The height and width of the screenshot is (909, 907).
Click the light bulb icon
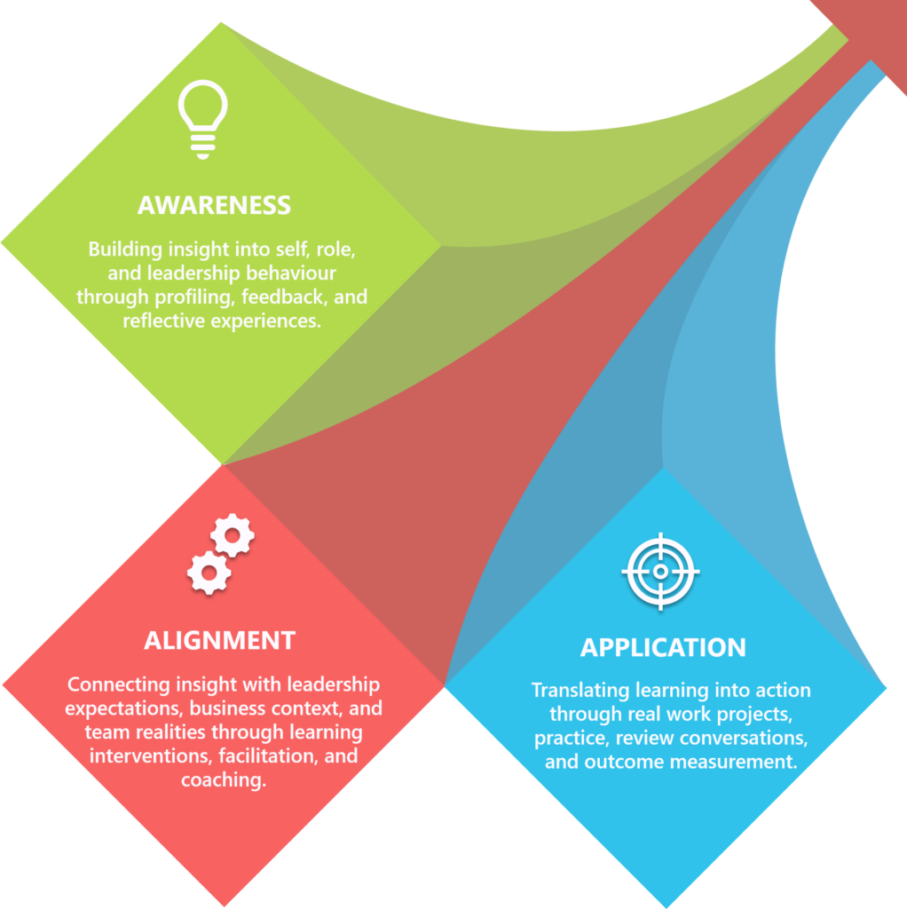[202, 118]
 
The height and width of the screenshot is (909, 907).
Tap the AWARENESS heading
[214, 205]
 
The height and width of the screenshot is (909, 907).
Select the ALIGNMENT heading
[219, 640]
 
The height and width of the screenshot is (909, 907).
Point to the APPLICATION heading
[663, 647]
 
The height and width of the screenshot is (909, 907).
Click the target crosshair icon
[660, 572]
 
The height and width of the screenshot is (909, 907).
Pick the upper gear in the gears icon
[233, 535]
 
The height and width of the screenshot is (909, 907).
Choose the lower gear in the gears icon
[209, 573]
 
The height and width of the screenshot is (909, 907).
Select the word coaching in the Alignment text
[224, 780]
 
